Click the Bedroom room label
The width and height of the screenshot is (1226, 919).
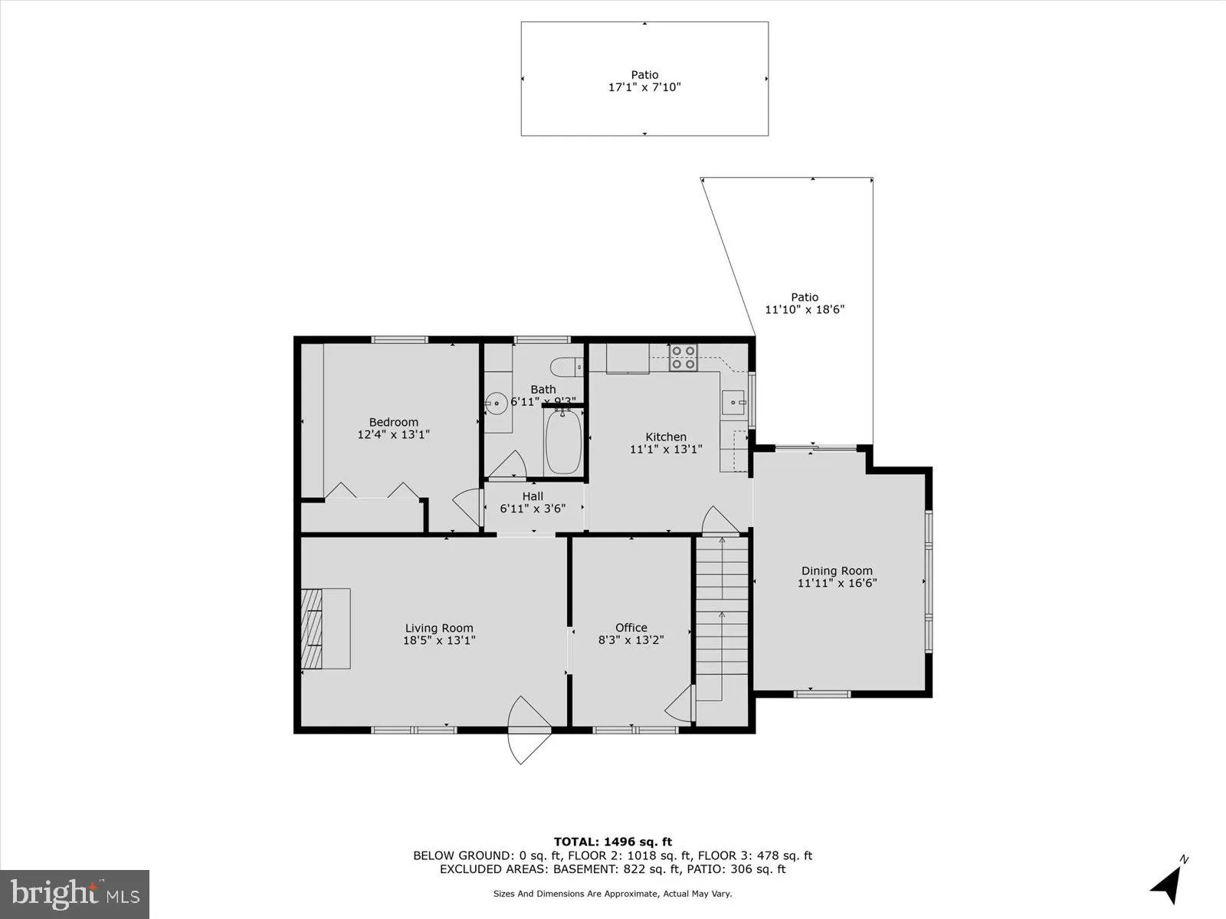pyautogui.click(x=393, y=422)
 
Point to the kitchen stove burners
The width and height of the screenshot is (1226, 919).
pyautogui.click(x=683, y=358)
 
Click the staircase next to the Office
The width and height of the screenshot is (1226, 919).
pyautogui.click(x=721, y=620)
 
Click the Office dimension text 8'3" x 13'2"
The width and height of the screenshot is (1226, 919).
pyautogui.click(x=631, y=639)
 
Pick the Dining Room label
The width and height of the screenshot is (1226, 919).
pyautogui.click(x=837, y=571)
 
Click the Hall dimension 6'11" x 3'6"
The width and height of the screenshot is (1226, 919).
pyautogui.click(x=533, y=508)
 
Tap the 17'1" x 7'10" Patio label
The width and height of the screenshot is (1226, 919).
pyautogui.click(x=644, y=87)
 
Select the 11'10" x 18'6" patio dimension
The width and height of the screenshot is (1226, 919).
pyautogui.click(x=805, y=309)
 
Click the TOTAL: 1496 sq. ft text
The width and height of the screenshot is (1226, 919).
pyautogui.click(x=613, y=842)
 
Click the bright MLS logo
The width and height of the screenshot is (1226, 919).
pyautogui.click(x=74, y=894)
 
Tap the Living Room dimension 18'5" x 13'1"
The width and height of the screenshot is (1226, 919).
pyautogui.click(x=439, y=640)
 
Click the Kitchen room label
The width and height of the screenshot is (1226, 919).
pyautogui.click(x=665, y=437)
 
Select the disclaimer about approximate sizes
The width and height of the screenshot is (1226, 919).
pyautogui.click(x=611, y=894)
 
